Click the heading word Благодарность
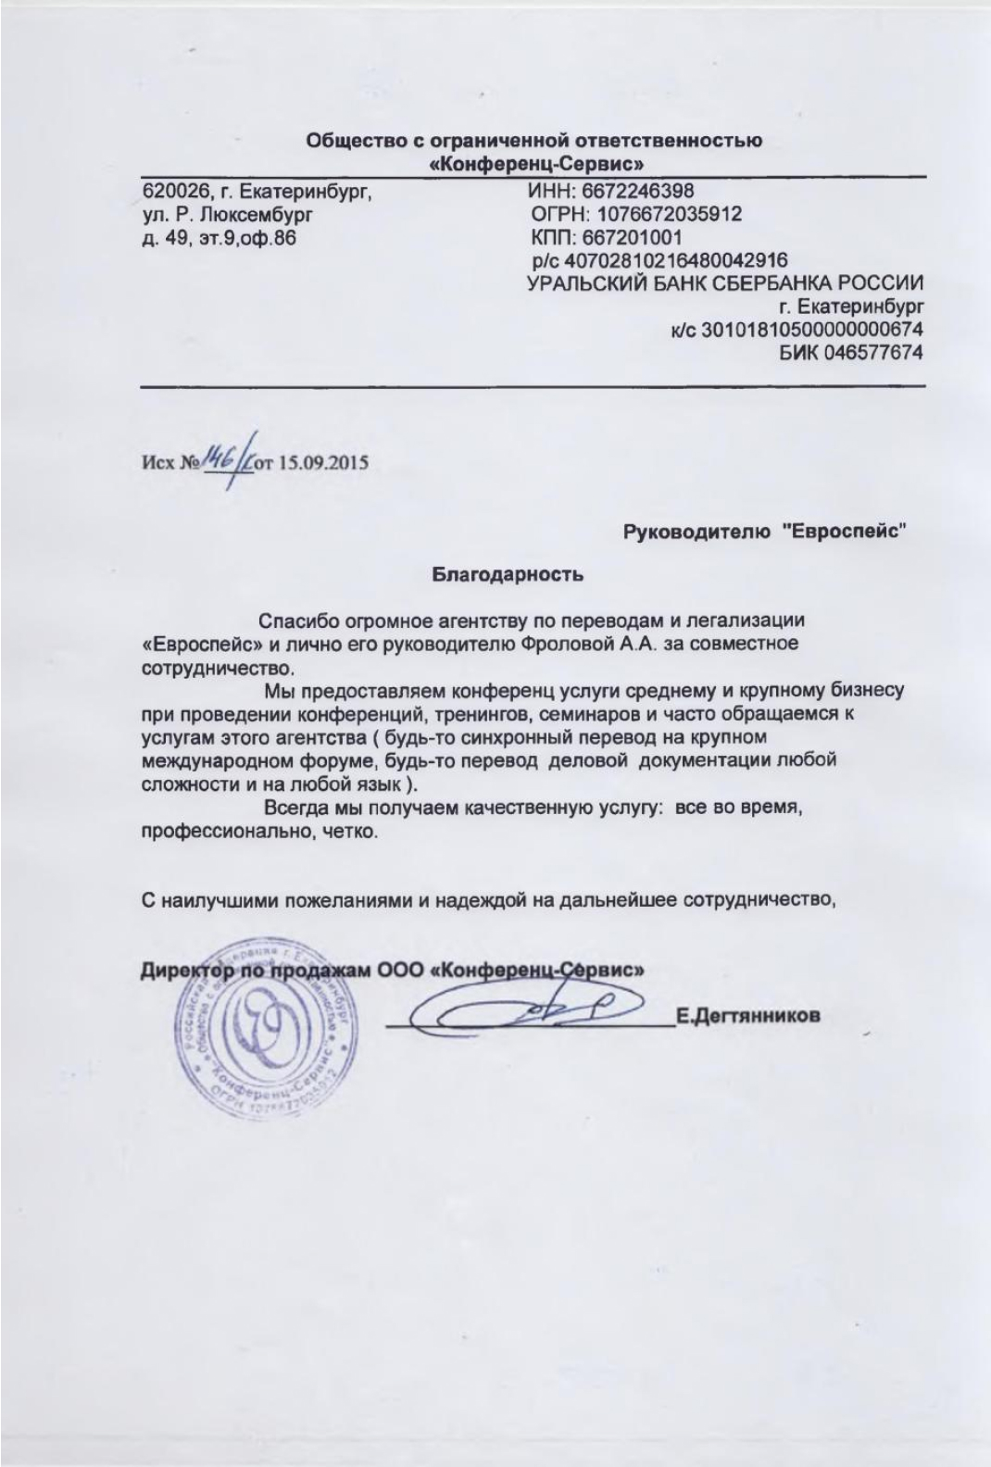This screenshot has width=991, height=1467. tap(508, 575)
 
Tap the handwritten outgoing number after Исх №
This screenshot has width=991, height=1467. tap(228, 456)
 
